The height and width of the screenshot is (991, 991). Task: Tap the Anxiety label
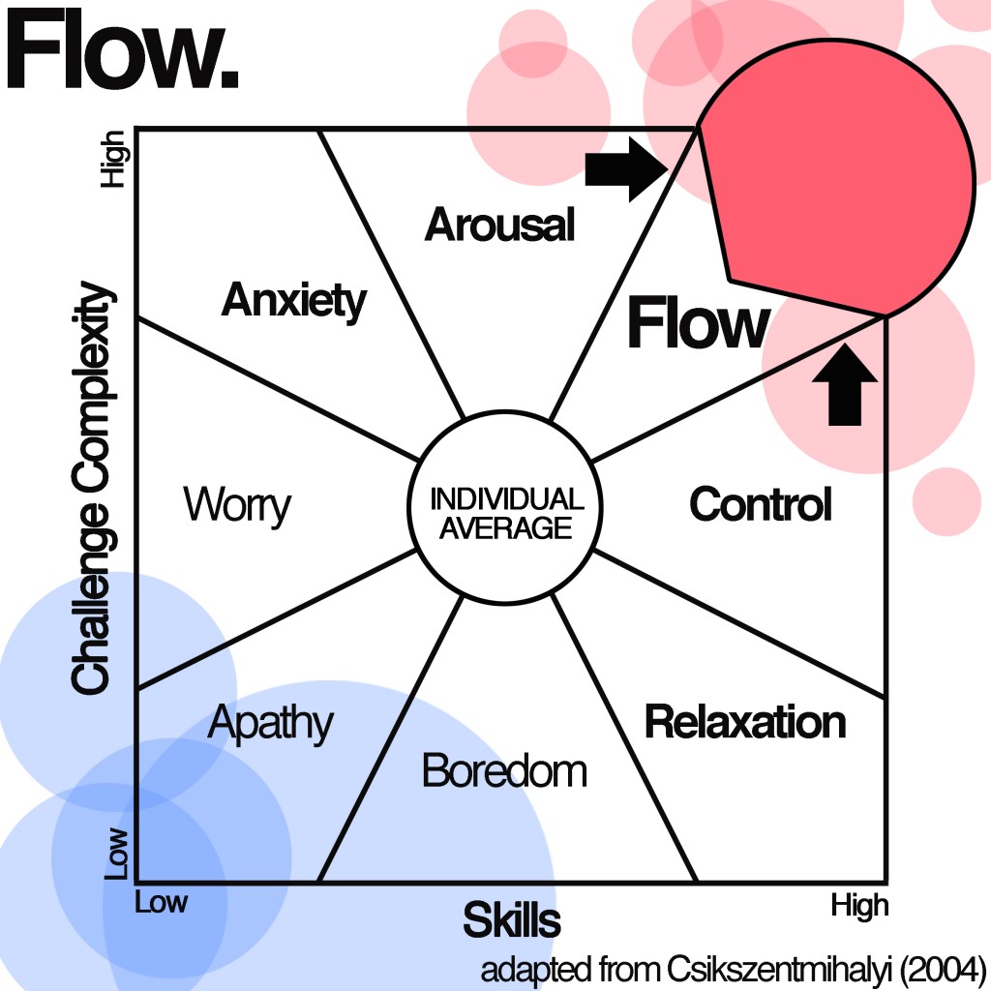click(x=294, y=301)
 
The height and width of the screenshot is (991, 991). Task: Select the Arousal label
click(x=499, y=225)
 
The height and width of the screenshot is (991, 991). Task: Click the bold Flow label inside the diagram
click(x=698, y=324)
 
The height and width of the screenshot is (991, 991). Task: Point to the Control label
click(x=760, y=504)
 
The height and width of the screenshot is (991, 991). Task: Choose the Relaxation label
click(x=744, y=722)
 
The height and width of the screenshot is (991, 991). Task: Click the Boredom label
click(x=504, y=771)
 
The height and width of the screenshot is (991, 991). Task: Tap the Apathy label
click(x=270, y=723)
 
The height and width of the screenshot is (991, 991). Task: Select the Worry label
click(x=236, y=505)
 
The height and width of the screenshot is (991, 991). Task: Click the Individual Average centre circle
click(x=506, y=513)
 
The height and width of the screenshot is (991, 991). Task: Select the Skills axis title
click(x=511, y=920)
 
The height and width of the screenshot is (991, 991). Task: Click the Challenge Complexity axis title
click(x=92, y=488)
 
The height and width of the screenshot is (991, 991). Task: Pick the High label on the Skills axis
click(x=858, y=906)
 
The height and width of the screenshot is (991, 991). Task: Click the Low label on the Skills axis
click(x=161, y=903)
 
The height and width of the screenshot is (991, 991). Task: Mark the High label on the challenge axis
click(x=116, y=159)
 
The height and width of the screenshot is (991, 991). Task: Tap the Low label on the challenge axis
click(x=117, y=853)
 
